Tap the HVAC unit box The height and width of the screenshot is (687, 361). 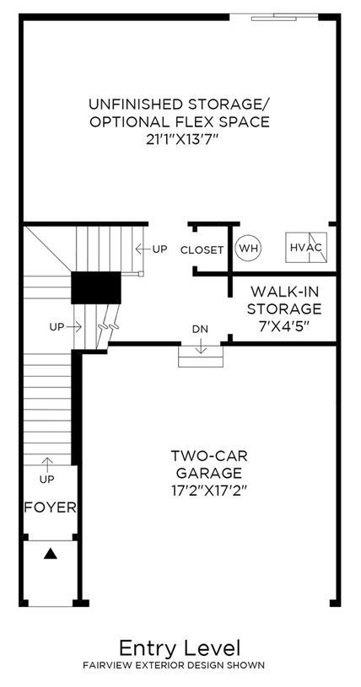point(306,248)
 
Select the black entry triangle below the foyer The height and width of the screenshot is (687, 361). point(51,554)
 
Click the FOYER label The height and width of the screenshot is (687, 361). point(50,507)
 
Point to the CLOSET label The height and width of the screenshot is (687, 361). point(202,250)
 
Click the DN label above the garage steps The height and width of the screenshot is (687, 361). point(201,329)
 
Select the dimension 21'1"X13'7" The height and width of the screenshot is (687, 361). point(179,139)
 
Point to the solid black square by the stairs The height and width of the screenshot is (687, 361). point(96,287)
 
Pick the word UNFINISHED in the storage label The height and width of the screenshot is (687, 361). point(136,105)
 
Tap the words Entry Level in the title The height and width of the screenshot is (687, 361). point(180,648)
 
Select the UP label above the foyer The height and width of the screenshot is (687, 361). point(47,480)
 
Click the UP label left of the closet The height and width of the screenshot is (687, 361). point(159,250)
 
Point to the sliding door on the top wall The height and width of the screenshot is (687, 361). point(274,17)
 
